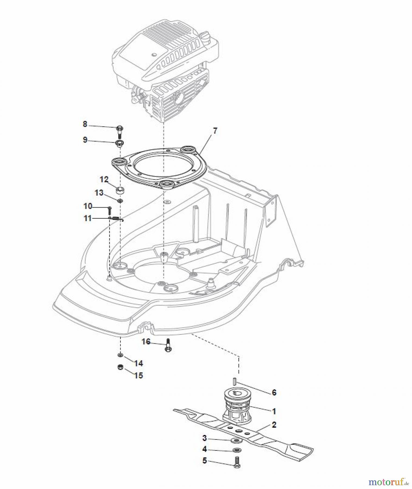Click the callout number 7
tap(215, 131)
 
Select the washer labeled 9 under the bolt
tap(119, 143)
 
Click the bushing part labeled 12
tap(120, 190)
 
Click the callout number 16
tap(146, 341)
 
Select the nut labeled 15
tap(119, 367)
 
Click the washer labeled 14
tap(120, 355)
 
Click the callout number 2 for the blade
tap(274, 424)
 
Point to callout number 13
tap(99, 193)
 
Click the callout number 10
tap(88, 206)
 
